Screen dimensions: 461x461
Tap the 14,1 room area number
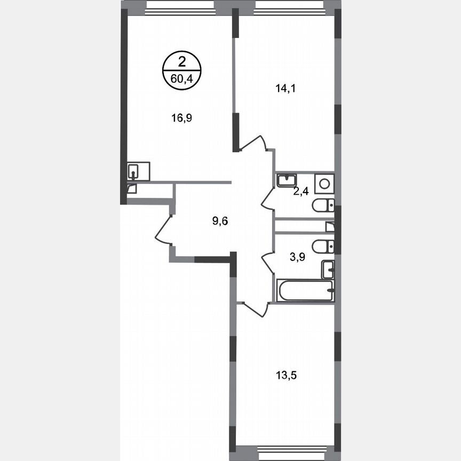click(x=285, y=89)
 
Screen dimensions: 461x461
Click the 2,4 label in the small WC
click(x=301, y=192)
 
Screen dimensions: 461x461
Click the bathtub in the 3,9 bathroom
click(x=305, y=291)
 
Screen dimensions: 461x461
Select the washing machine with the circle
click(x=324, y=183)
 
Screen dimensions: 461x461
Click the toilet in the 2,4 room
click(x=323, y=204)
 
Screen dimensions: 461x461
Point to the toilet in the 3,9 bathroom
click(x=323, y=246)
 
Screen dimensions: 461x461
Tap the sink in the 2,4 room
click(x=286, y=180)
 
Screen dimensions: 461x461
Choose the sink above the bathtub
click(x=328, y=269)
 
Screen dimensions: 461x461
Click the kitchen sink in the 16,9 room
click(x=133, y=171)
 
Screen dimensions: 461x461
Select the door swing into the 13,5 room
click(x=255, y=309)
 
